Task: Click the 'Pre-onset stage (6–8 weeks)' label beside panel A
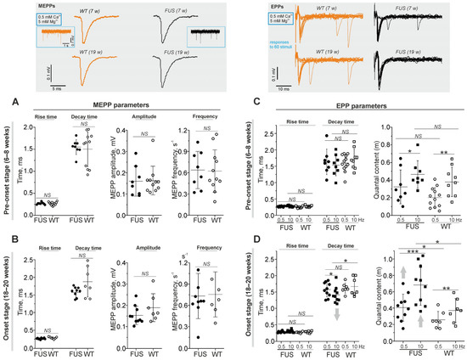[7, 170]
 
